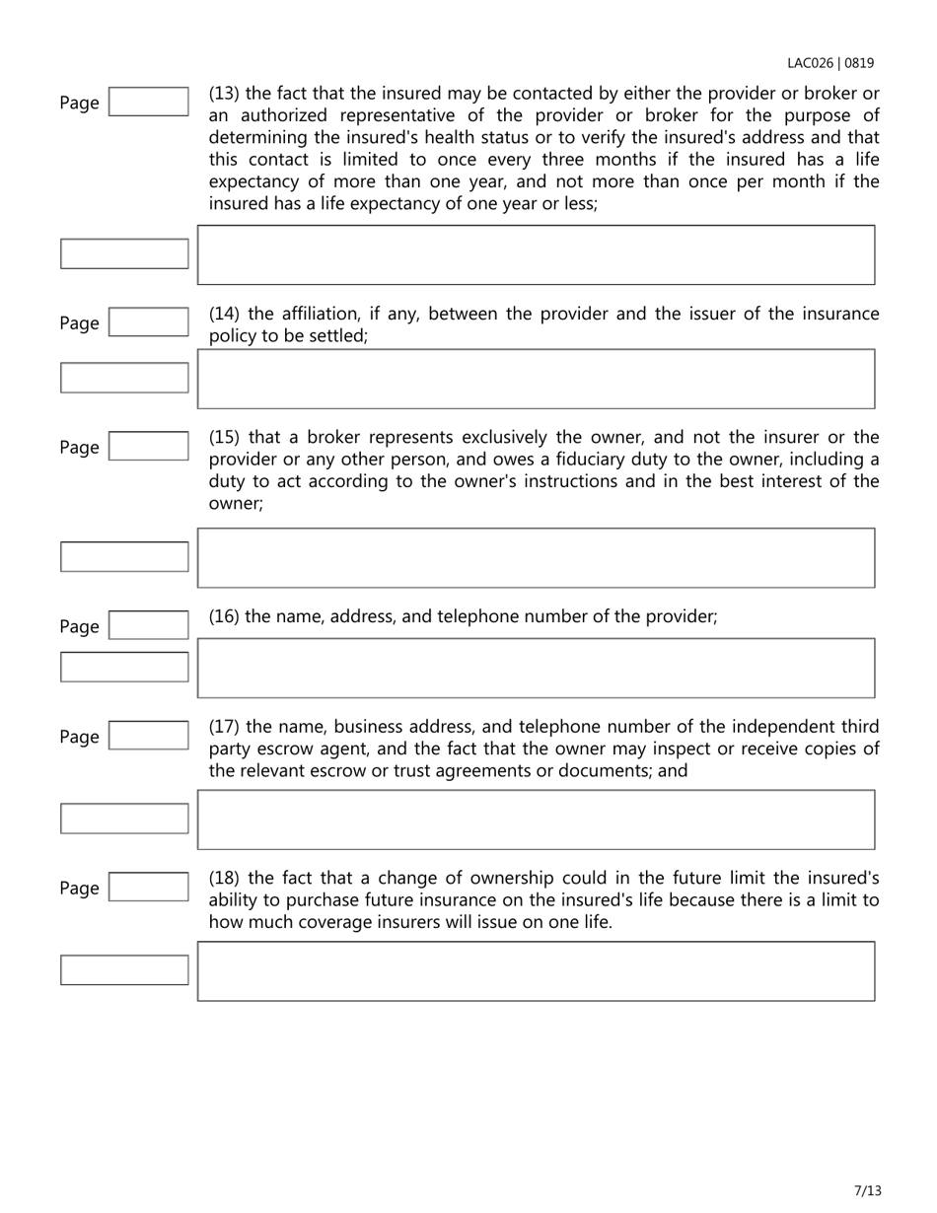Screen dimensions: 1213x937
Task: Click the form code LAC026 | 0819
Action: (829, 63)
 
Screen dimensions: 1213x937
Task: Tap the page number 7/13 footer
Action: (868, 1190)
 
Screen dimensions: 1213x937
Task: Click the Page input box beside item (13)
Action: (148, 102)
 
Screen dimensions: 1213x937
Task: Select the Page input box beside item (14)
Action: (148, 322)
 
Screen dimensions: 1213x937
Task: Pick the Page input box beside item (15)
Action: (148, 447)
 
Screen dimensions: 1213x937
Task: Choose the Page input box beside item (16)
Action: (148, 626)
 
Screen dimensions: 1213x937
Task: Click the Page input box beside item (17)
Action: (148, 736)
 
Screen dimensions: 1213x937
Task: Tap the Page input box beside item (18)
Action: (148, 888)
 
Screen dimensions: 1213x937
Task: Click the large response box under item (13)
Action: (536, 254)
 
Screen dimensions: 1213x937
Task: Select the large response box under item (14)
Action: (536, 379)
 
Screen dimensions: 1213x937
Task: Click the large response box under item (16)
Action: (536, 668)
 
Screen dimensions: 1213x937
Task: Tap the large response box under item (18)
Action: (536, 971)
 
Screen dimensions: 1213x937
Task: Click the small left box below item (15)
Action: (124, 556)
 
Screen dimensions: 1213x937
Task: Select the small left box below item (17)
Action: (124, 819)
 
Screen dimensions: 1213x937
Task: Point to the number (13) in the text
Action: (224, 94)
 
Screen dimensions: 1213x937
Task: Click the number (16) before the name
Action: (224, 616)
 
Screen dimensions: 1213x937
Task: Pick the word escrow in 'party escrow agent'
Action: (280, 749)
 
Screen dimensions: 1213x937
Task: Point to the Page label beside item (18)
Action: (79, 889)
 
